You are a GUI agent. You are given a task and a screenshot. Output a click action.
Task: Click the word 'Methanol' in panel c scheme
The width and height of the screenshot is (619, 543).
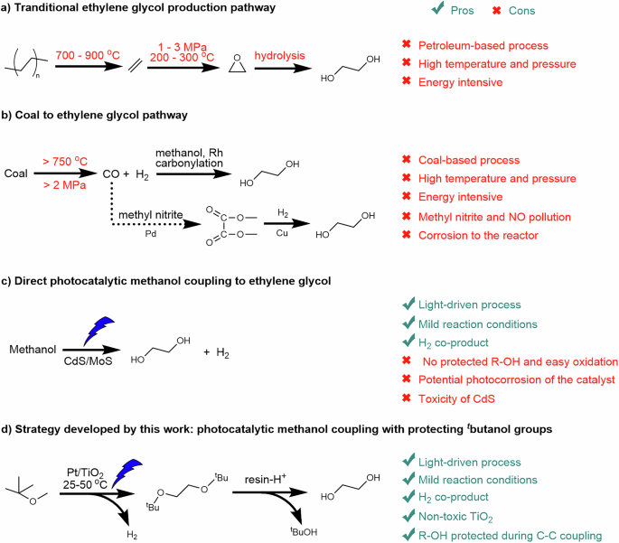[33, 348]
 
